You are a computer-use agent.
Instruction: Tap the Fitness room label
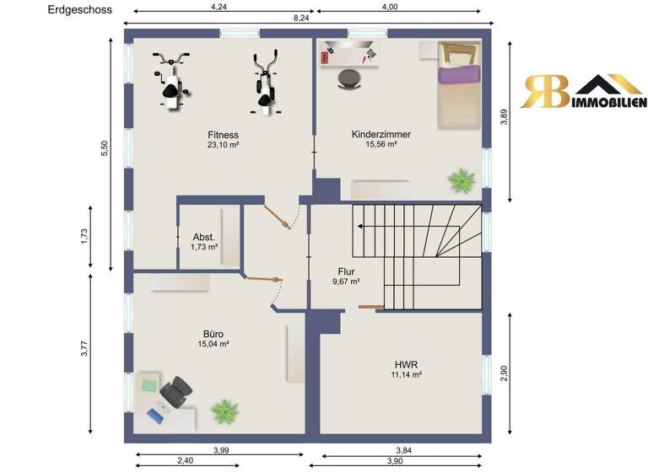coord(224,134)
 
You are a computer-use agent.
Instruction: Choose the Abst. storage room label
coord(205,237)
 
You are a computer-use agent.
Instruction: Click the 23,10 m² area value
coord(224,145)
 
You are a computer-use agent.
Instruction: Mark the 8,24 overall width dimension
coord(300,17)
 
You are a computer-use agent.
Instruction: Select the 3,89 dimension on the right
coord(504,119)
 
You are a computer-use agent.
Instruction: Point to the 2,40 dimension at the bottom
coord(186,460)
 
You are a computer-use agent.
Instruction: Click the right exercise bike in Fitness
coord(265,83)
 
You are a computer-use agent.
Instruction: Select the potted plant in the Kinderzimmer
coord(462,179)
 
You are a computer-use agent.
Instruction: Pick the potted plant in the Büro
coord(225,411)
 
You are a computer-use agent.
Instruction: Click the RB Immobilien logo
coord(582,92)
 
